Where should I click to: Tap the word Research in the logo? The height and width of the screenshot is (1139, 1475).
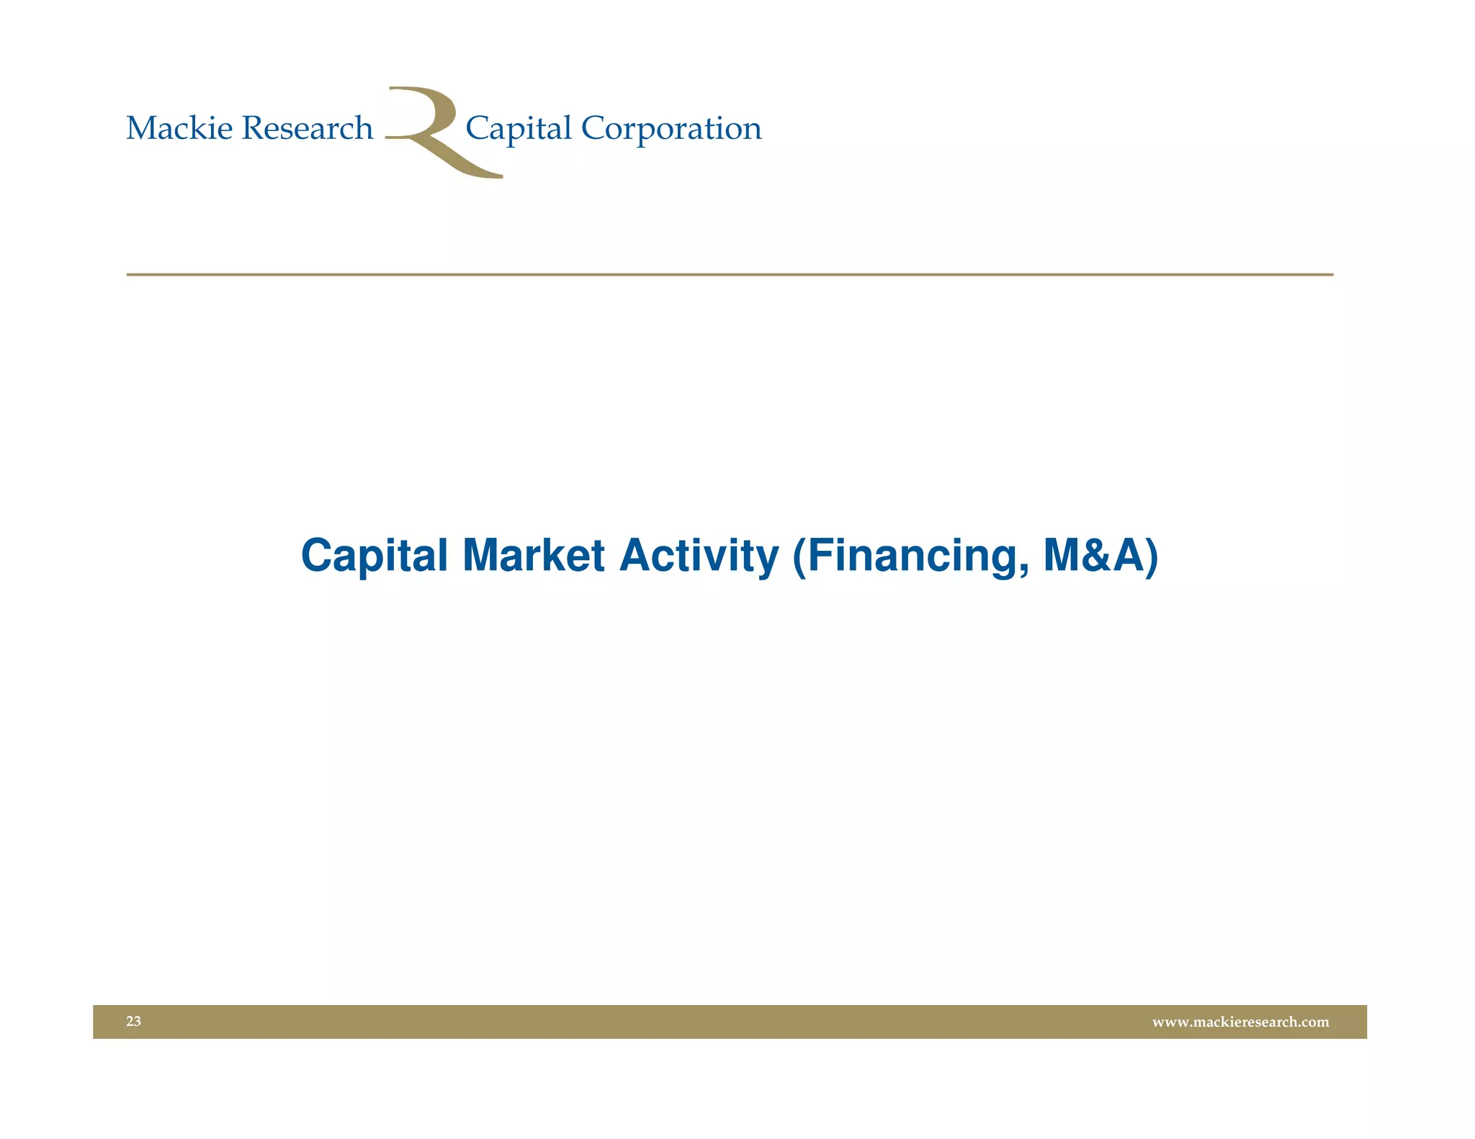pyautogui.click(x=308, y=129)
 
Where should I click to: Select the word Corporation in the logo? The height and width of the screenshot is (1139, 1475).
pyautogui.click(x=671, y=129)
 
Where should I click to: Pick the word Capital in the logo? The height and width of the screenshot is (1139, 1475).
pyautogui.click(x=519, y=130)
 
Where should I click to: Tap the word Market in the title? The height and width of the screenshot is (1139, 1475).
pyautogui.click(x=533, y=556)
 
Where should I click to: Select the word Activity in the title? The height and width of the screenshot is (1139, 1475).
pyautogui.click(x=699, y=556)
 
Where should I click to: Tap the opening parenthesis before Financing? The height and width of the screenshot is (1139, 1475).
pyautogui.click(x=799, y=557)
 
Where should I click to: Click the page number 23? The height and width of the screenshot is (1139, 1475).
pyautogui.click(x=133, y=1021)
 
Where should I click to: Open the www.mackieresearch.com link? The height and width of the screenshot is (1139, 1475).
pyautogui.click(x=1240, y=1022)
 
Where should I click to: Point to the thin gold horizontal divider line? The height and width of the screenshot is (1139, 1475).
pyautogui.click(x=729, y=274)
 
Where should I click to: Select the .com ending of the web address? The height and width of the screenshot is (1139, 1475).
pyautogui.click(x=1313, y=1022)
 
